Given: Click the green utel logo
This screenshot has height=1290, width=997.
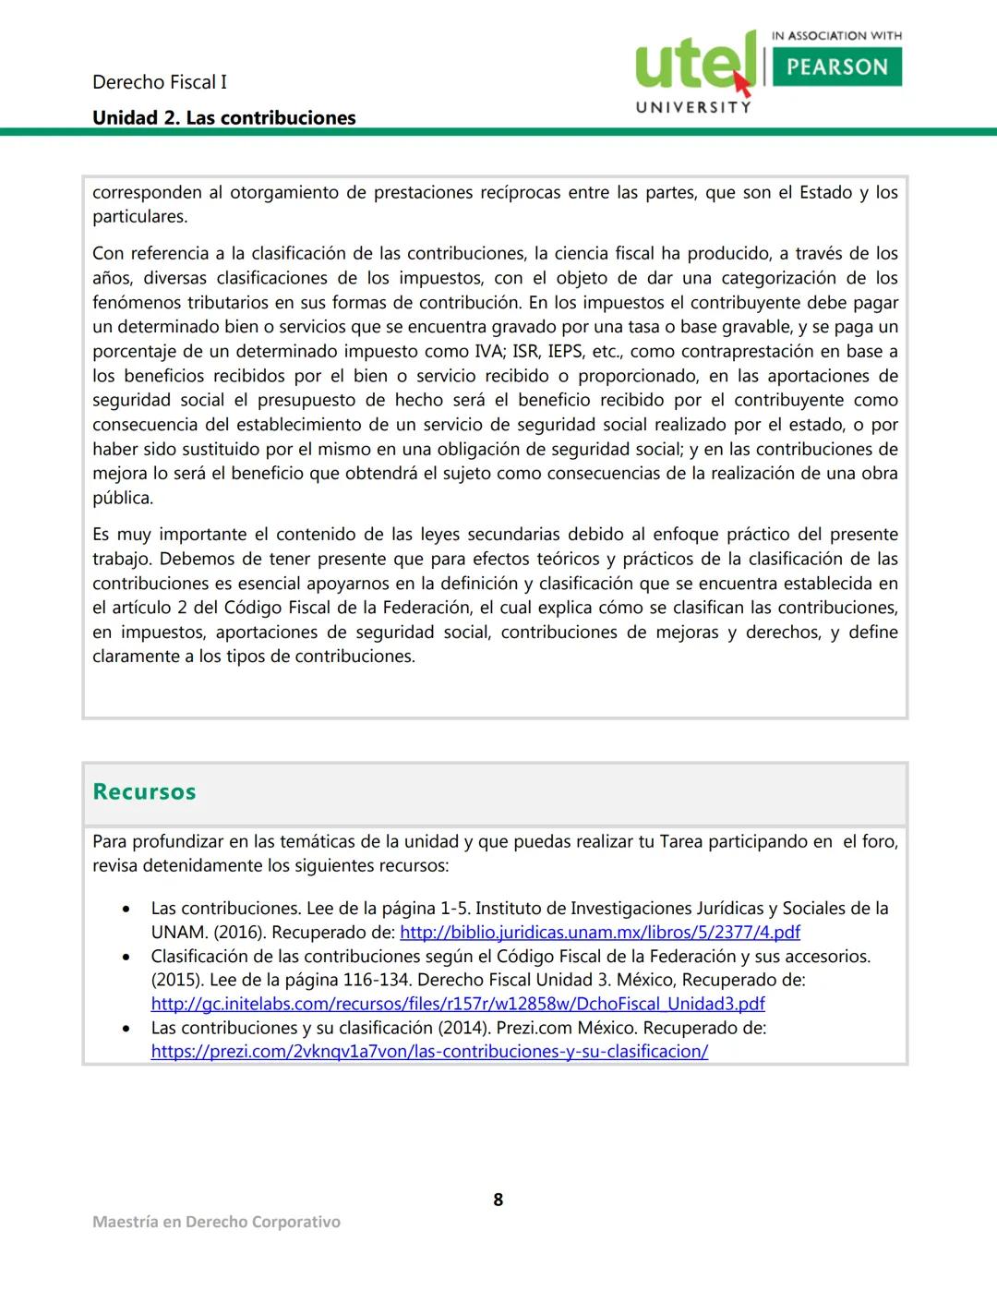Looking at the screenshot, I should (x=692, y=63).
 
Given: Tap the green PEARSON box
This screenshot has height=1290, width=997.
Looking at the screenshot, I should (x=836, y=67).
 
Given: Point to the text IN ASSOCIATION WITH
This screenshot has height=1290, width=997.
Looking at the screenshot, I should (x=836, y=36).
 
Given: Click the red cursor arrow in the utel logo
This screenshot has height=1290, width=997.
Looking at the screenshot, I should (x=741, y=84).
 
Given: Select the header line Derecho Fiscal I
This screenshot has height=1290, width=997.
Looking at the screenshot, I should (x=159, y=82).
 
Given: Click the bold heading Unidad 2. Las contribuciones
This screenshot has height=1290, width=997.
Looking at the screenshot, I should (x=223, y=118).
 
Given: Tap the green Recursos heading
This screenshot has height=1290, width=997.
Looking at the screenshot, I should (x=144, y=792).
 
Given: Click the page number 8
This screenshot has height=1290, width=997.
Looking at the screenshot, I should (x=498, y=1200).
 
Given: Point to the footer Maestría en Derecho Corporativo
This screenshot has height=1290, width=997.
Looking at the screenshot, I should (x=216, y=1222).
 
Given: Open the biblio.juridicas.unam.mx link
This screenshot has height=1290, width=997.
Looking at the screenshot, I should (x=599, y=933).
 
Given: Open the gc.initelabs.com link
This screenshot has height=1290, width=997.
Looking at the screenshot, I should (x=458, y=1004).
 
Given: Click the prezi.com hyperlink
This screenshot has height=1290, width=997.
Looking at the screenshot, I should (x=429, y=1052).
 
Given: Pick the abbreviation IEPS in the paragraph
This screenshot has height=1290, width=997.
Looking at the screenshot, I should (x=566, y=352).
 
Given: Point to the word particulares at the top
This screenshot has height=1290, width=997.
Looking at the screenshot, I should (x=139, y=218).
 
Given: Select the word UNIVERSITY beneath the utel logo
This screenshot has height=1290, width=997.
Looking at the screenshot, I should (x=693, y=108).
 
